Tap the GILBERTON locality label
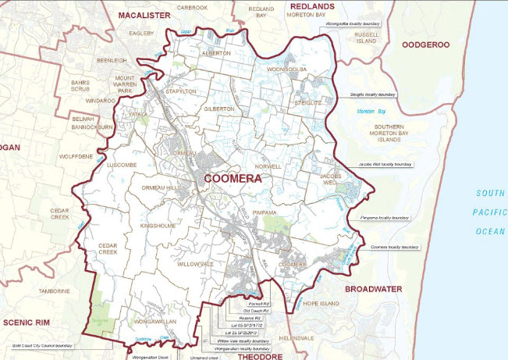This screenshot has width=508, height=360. click(x=219, y=109)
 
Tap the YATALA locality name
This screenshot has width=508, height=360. click(x=139, y=114)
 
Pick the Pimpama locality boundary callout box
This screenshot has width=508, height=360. click(x=384, y=218)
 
